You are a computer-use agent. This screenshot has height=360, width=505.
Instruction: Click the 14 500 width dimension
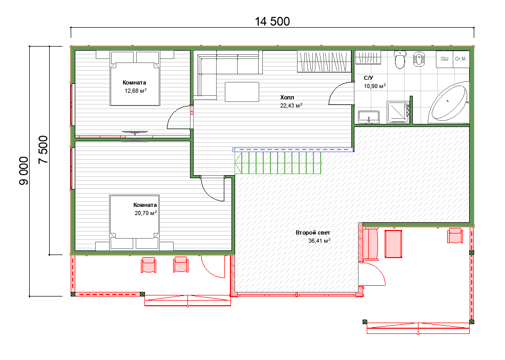[272, 22]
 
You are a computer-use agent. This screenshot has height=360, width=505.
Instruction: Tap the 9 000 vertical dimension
[24, 171]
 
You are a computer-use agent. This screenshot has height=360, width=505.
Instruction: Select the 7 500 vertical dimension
[43, 150]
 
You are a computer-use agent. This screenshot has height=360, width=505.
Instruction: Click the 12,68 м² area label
[136, 91]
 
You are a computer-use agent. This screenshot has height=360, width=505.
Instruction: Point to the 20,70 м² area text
[145, 213]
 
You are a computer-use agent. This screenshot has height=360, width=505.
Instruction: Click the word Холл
[287, 97]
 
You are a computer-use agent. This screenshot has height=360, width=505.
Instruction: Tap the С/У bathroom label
[368, 78]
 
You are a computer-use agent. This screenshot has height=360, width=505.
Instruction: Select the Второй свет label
[313, 232]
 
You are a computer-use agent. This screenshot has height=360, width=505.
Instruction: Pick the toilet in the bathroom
[399, 60]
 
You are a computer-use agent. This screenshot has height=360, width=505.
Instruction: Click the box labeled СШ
[445, 59]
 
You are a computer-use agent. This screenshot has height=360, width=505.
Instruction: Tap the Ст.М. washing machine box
[461, 59]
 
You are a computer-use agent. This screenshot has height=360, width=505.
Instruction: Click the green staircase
[278, 163]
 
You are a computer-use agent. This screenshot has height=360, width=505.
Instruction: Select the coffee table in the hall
[242, 92]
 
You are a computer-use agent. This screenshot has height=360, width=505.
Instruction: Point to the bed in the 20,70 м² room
[134, 222]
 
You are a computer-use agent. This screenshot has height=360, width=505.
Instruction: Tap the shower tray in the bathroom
[398, 112]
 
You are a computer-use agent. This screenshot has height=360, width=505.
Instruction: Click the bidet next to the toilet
[418, 58]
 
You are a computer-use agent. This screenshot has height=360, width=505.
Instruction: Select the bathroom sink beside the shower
[369, 117]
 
